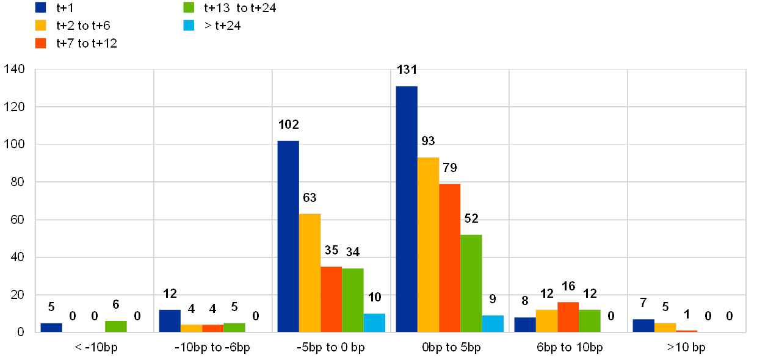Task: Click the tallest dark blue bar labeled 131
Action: tap(407, 209)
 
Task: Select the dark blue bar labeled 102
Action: tap(288, 236)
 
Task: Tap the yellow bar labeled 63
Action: tap(310, 273)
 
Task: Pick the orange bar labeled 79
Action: tap(450, 257)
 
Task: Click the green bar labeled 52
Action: tap(471, 283)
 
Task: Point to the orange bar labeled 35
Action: tap(331, 299)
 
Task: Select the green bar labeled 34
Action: tap(353, 300)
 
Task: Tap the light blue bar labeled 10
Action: tap(374, 323)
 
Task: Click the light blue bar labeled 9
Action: tap(493, 323)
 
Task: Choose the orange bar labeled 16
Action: tap(568, 317)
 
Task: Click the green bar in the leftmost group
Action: tap(116, 326)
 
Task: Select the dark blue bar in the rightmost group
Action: tap(643, 326)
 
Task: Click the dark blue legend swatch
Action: tap(41, 8)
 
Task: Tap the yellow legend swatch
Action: tap(41, 26)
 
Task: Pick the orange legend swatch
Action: tap(41, 43)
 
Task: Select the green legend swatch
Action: tap(189, 8)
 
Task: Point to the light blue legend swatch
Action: tap(189, 26)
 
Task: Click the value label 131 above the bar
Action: tap(407, 70)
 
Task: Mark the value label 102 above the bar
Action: tap(288, 124)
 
